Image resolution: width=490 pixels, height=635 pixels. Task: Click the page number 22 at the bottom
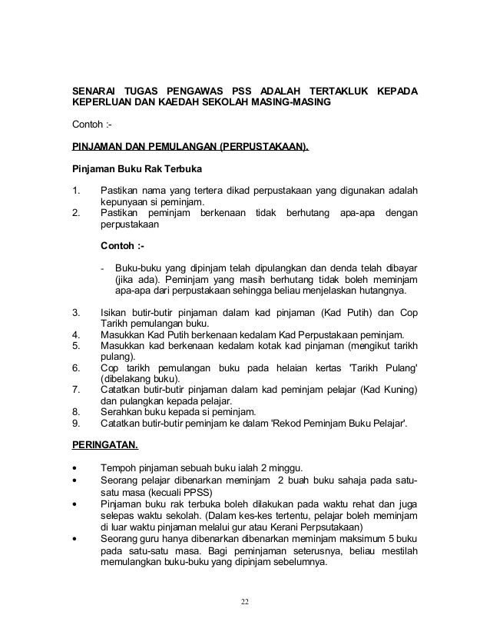coord(245,600)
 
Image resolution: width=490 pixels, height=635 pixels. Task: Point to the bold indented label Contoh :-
coord(123,246)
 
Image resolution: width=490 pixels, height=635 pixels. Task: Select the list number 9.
coord(75,421)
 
